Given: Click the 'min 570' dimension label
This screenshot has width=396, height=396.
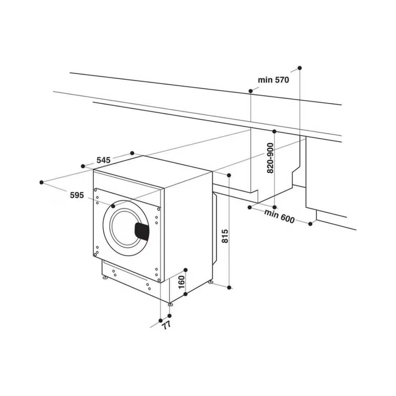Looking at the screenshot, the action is point(273,80).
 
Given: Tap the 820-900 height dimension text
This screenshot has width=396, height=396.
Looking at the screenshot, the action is point(270,158).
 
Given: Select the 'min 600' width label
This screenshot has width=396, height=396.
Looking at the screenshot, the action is point(279,216).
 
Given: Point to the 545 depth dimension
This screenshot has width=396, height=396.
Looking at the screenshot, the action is point(103,160).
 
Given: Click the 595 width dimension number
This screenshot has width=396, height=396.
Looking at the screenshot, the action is point(77,195).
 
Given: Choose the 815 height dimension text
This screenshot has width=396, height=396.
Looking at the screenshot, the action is point(225,236).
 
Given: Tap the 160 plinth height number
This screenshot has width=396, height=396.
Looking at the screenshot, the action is point(181,282).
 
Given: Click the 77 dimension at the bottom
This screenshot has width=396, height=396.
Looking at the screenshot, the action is point(166,325).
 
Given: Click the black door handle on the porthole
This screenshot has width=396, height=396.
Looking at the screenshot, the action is point(142,231).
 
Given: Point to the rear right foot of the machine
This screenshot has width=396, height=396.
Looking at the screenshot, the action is point(210,282).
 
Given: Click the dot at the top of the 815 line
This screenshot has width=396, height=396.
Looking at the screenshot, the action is point(229,175).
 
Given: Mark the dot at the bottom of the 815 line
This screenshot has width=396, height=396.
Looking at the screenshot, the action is point(229,287).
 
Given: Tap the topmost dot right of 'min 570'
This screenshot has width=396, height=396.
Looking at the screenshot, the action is point(300,68).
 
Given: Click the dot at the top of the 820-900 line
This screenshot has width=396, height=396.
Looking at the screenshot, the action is point(274,132).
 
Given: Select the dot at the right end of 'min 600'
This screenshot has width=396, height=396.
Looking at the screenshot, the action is point(311,224).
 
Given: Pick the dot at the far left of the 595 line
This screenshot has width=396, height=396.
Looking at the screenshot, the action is point(42,182).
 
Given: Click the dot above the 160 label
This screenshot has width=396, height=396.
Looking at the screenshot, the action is point(186,270).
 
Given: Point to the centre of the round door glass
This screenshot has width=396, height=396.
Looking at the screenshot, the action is point(126,228).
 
